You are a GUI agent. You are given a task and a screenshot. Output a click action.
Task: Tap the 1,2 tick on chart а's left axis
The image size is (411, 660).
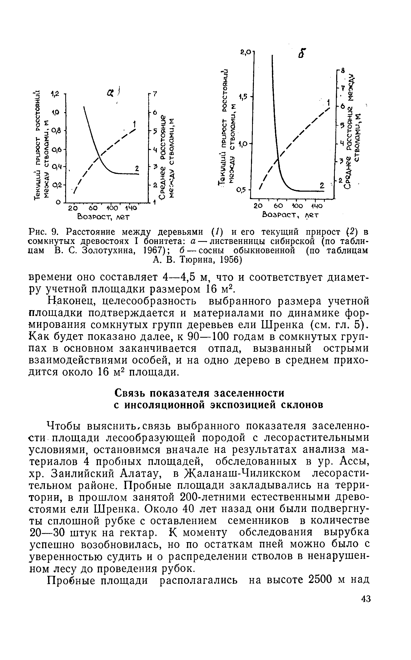(x=55, y=94)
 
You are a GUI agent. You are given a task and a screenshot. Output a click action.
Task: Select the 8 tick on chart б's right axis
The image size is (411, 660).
(x=343, y=70)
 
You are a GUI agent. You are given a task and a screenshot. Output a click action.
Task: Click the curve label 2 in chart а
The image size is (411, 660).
(x=137, y=169)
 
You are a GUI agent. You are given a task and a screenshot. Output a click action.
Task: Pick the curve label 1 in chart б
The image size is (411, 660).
(x=329, y=103)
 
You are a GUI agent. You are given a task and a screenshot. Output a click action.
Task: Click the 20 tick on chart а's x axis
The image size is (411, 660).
(x=73, y=209)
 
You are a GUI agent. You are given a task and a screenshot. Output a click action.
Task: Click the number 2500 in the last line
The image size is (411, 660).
(x=321, y=580)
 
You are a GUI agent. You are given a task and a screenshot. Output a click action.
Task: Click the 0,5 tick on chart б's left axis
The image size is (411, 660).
(x=241, y=190)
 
